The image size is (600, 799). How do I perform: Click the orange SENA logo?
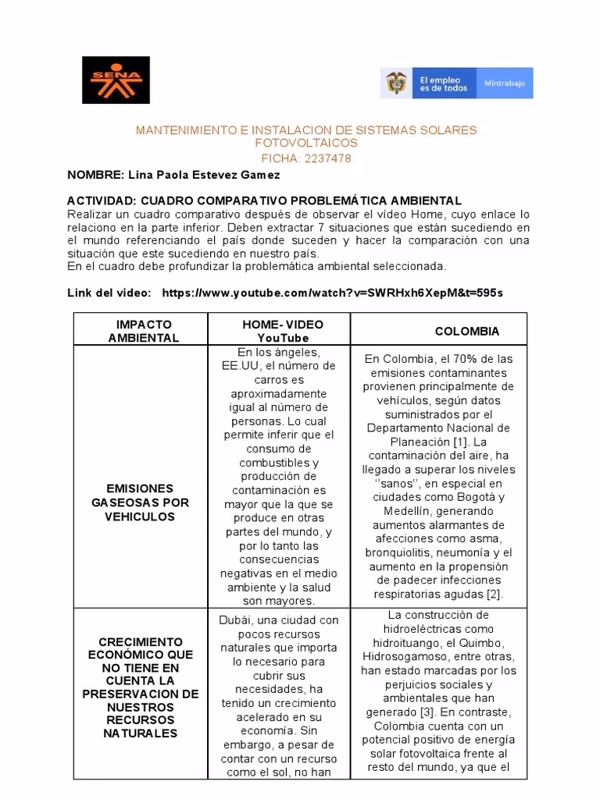point(116,80)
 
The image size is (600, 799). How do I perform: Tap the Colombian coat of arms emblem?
point(396,83)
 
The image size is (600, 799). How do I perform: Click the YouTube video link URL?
point(332,293)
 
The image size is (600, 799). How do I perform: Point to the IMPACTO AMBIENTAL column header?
point(143,331)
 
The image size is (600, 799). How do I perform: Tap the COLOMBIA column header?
point(466,331)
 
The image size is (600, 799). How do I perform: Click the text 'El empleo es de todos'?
point(444,83)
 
